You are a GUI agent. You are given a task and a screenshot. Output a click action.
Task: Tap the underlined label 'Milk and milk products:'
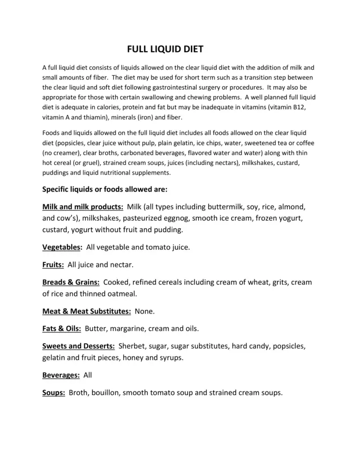(83, 207)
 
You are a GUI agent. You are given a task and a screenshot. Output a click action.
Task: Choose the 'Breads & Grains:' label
(70, 282)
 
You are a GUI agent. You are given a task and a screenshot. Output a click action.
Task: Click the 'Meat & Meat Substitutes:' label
(86, 311)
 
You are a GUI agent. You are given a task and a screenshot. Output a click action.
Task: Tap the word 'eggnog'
(192, 218)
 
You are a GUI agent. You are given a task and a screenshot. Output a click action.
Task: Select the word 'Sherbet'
(133, 346)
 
